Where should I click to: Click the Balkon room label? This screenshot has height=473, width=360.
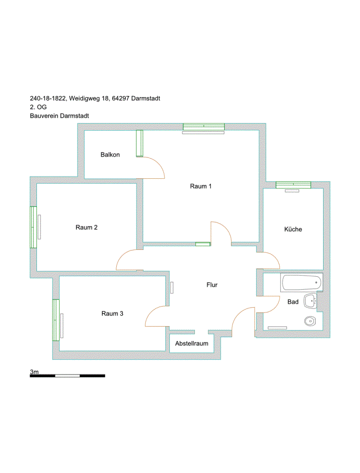point(110,155)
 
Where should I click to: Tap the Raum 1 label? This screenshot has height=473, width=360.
point(201,187)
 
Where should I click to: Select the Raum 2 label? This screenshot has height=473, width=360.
point(86,227)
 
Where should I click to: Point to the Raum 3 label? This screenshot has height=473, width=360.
point(112,314)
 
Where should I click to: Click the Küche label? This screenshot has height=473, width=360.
point(293,229)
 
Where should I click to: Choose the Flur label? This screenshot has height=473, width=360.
point(212,285)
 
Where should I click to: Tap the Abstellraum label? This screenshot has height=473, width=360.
point(192,344)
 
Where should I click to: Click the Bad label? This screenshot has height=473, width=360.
point(293,302)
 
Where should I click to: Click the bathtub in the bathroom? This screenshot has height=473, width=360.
point(301,283)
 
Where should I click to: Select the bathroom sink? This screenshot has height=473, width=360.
point(311,301)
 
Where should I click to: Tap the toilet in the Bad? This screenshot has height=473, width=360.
point(310,321)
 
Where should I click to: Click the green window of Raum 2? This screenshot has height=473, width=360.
point(34,227)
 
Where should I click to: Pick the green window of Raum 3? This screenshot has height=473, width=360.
point(56,320)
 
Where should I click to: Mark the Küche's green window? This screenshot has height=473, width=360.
point(294,185)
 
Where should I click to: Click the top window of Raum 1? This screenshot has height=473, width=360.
point(204,127)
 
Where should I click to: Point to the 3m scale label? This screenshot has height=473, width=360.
point(34,372)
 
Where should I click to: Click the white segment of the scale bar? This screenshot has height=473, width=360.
point(67,376)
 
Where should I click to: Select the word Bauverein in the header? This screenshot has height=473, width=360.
point(44,116)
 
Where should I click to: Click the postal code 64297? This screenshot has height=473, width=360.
point(120,98)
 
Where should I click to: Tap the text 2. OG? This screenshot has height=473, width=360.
point(38,107)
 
